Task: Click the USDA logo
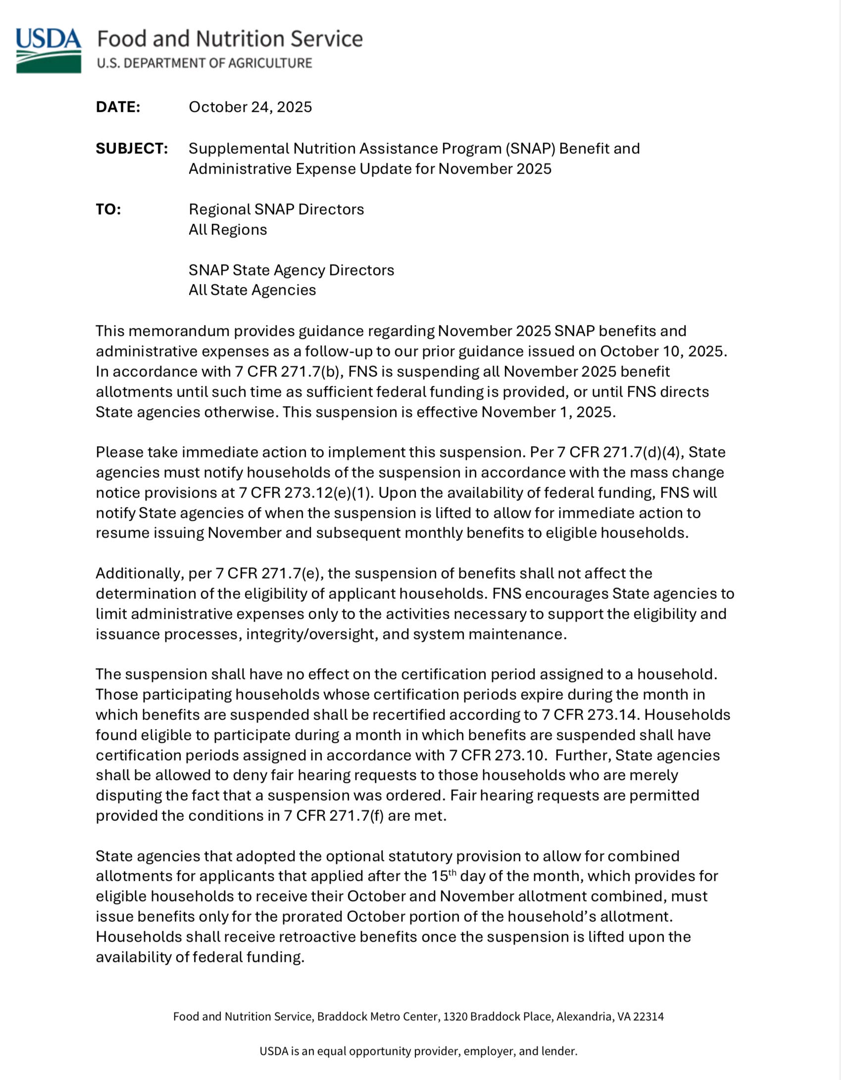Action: [x=49, y=50]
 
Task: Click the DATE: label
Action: [x=118, y=107]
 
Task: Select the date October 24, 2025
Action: [x=250, y=107]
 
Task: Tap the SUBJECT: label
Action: [x=132, y=148]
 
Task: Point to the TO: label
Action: [x=108, y=209]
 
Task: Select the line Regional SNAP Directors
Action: [x=276, y=209]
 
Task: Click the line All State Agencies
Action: [x=252, y=290]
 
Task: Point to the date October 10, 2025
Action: [x=663, y=351]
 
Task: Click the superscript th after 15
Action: [x=452, y=873]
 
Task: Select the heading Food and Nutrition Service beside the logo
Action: [x=230, y=39]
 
